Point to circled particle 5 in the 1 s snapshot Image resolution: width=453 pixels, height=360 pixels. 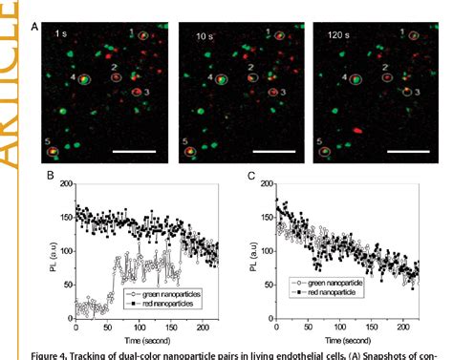point(54,151)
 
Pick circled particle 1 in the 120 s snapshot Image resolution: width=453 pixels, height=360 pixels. point(413,36)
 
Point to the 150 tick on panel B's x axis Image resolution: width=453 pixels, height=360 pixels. point(181,328)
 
